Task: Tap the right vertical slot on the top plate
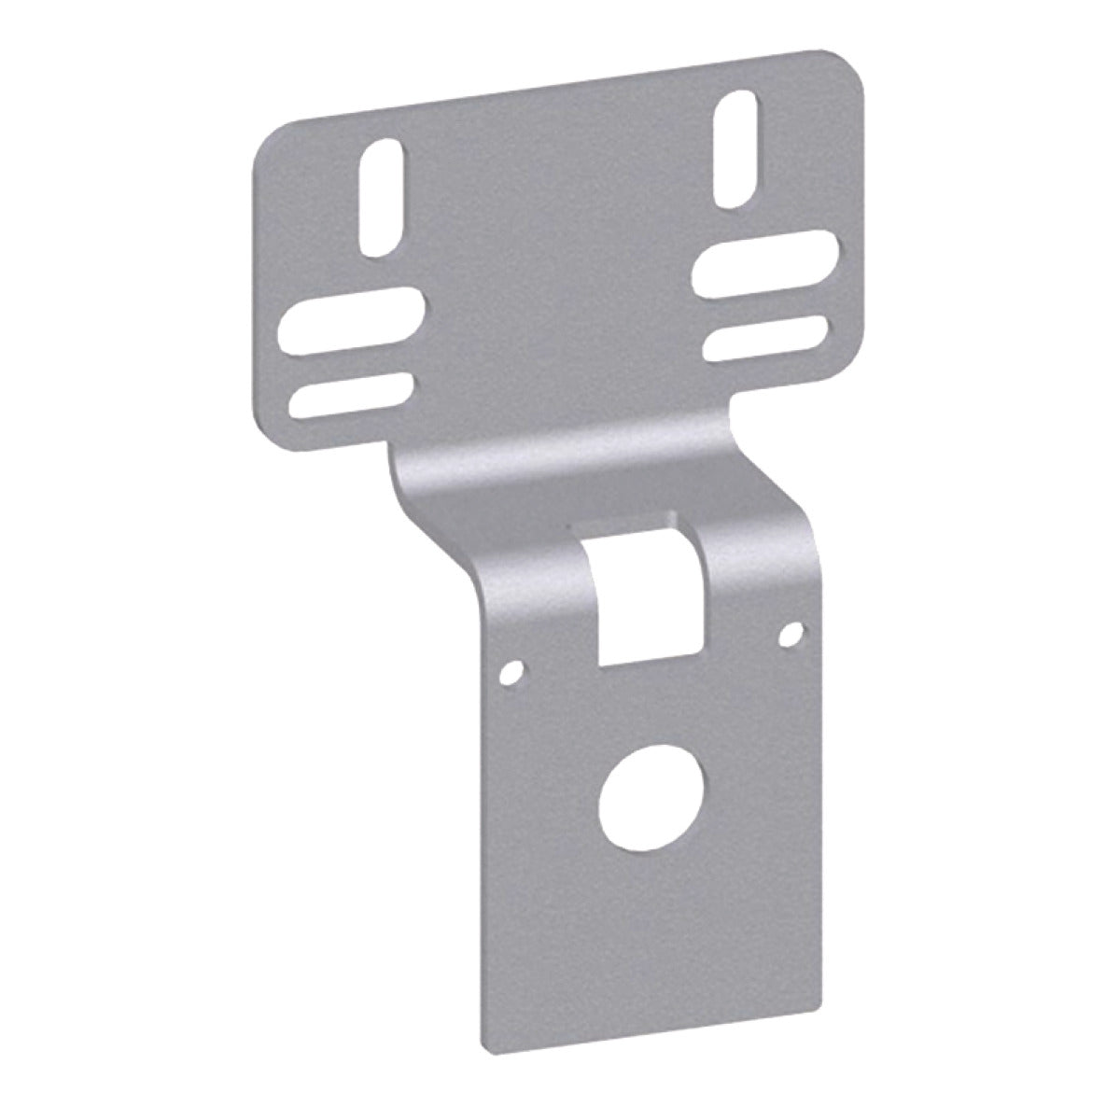(x=738, y=148)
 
